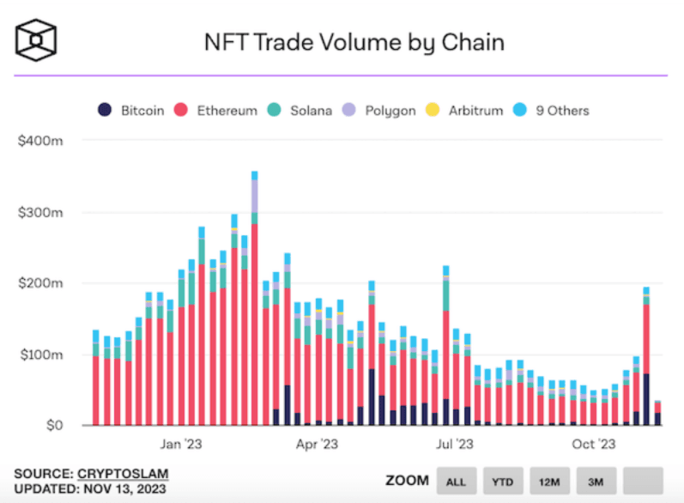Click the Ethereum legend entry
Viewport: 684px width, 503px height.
(218, 111)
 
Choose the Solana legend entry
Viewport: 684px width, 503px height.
(300, 111)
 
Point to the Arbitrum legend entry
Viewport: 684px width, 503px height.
(463, 111)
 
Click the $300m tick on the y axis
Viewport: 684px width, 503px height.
(40, 212)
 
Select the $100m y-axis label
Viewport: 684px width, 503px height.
(40, 355)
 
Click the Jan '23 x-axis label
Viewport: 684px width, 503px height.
(182, 445)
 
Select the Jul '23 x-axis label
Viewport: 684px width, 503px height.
(454, 445)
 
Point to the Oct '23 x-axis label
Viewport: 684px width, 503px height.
(595, 445)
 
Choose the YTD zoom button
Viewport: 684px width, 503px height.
(502, 481)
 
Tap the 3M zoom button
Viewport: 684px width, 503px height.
(595, 481)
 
